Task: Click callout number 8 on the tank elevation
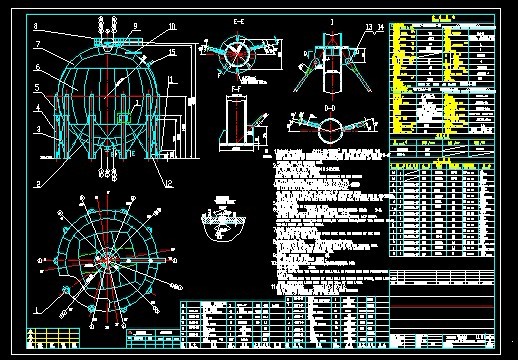click(36, 26)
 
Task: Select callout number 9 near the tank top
click(135, 26)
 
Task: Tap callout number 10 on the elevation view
click(171, 26)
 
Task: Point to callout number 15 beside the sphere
click(171, 52)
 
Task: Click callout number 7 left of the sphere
click(36, 45)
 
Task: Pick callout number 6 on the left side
click(36, 68)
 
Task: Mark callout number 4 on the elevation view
click(36, 108)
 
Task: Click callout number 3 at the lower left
click(36, 129)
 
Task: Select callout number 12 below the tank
click(170, 182)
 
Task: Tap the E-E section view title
click(237, 20)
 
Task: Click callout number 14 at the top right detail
click(380, 27)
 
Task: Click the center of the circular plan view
click(104, 257)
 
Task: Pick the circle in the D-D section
click(331, 127)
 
